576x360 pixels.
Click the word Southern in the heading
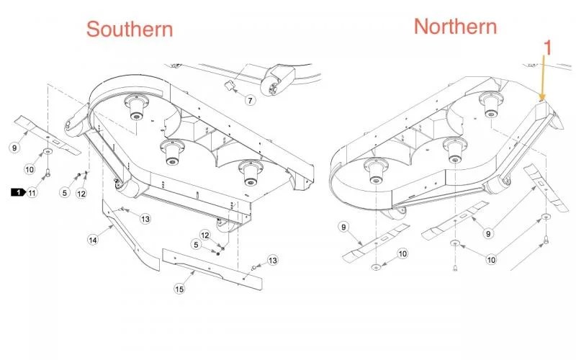(x=130, y=30)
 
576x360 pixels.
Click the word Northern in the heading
(x=456, y=27)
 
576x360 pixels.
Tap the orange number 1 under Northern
(x=547, y=48)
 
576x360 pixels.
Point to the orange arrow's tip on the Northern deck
(x=541, y=100)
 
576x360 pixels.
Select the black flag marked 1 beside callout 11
(x=18, y=192)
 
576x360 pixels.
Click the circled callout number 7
(x=250, y=100)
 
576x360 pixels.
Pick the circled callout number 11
(x=32, y=192)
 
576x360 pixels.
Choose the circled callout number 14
(x=93, y=240)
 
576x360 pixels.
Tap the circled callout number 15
(x=179, y=289)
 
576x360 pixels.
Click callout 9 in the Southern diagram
(x=14, y=148)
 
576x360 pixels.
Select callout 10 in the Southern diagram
(x=30, y=169)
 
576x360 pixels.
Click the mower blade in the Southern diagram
(x=47, y=135)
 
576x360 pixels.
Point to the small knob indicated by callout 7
(x=229, y=86)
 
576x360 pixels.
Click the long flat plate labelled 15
(x=213, y=269)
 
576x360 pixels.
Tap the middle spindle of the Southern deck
(x=172, y=153)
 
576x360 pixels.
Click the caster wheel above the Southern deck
(x=277, y=81)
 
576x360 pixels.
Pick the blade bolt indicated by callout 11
(x=48, y=171)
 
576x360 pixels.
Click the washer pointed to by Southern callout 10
(x=48, y=151)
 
